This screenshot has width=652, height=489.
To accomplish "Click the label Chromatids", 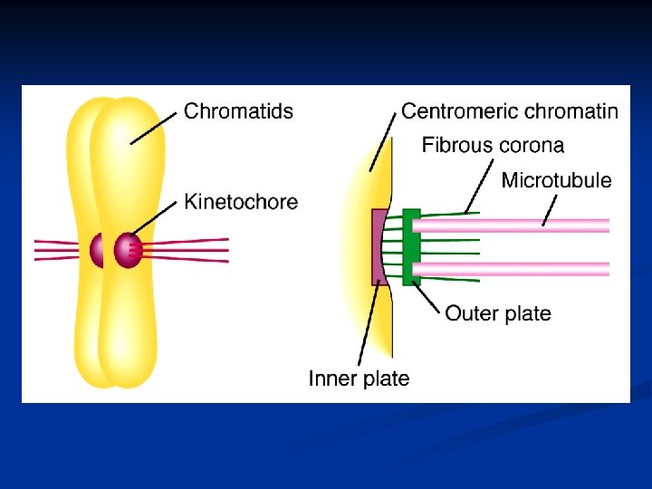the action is tap(238, 111).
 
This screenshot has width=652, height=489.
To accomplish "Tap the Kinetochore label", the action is tap(241, 201).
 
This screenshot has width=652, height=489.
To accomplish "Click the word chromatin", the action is tap(570, 111).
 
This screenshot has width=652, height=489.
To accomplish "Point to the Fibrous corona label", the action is tap(493, 145).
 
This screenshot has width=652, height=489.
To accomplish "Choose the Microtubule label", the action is tap(556, 180).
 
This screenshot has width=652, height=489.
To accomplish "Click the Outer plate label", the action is tap(497, 313).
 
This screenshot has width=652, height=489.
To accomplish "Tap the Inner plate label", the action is tap(359, 379).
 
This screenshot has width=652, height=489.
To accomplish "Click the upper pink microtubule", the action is tap(516, 225).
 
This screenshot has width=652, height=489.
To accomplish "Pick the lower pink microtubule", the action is tap(516, 268).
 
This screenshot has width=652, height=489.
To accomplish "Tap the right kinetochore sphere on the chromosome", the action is tap(128, 250).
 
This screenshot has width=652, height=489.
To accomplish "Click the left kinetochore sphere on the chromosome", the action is tap(96, 250).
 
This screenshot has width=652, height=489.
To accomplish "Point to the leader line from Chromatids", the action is tap(154, 127).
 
